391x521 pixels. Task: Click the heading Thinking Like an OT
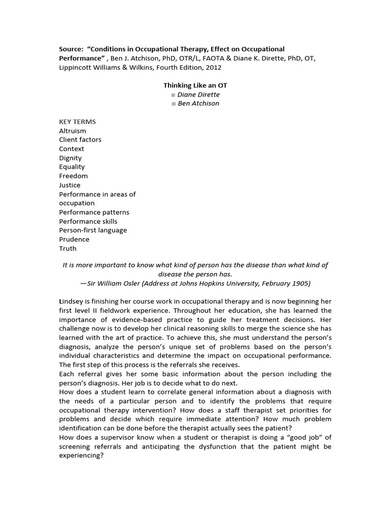coord(195,85)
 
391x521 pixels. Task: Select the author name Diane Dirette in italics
coord(199,95)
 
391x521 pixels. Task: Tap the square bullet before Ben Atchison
coord(174,104)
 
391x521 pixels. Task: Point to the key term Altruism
coord(72,131)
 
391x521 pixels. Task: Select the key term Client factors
coord(80,139)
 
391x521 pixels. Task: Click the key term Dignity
coord(70,158)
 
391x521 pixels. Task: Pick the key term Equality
coord(72,167)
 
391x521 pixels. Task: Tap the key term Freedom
coord(73,176)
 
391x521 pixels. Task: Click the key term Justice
coord(70,185)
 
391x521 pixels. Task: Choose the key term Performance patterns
coord(94,212)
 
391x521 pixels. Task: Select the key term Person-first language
coord(93,230)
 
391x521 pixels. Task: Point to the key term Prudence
coord(74,239)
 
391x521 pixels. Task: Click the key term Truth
coord(68,248)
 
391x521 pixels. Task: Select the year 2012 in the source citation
coord(213,67)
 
